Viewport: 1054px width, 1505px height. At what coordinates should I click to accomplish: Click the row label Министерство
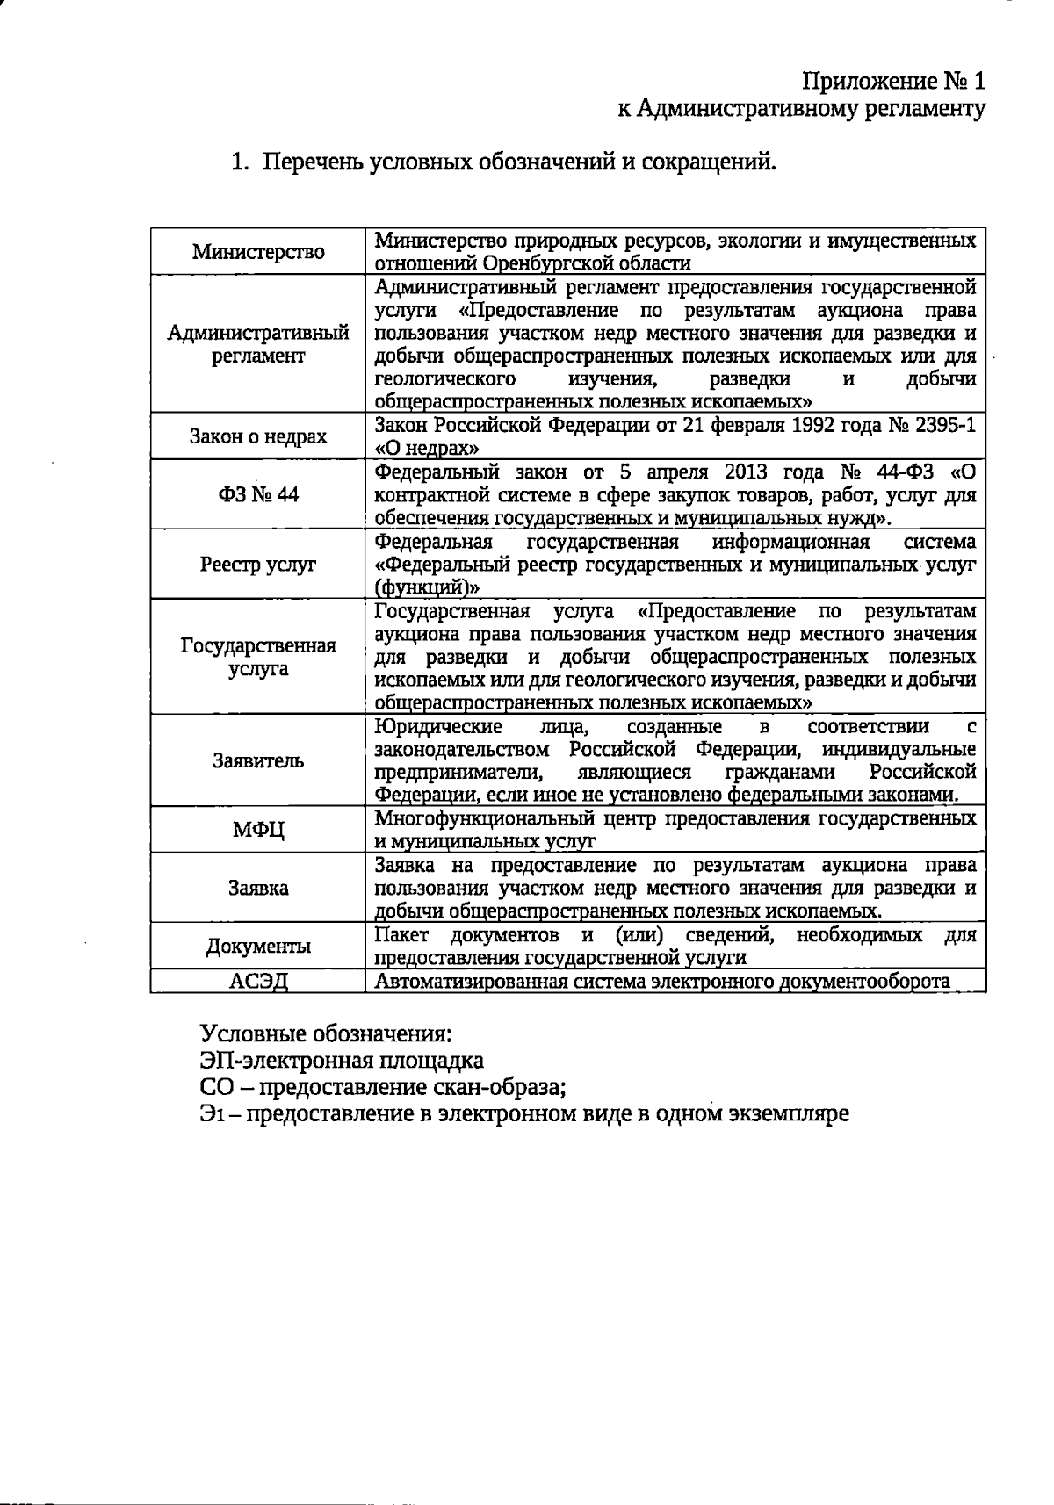[x=258, y=253]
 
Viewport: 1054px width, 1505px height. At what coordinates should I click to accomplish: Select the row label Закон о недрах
[x=258, y=437]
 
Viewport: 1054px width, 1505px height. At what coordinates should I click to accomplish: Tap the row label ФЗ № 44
[x=258, y=495]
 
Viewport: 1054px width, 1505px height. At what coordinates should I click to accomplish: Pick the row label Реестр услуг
[x=258, y=565]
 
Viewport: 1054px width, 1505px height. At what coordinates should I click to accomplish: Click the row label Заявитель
[x=258, y=761]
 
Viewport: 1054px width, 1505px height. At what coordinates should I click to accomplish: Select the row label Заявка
[x=258, y=888]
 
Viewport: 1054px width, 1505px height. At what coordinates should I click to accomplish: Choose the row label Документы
[x=258, y=947]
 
